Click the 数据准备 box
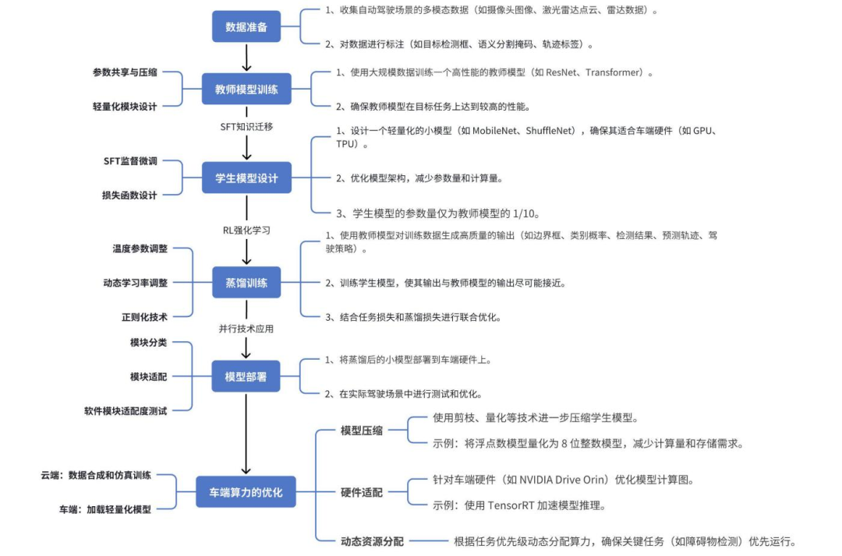coord(246,26)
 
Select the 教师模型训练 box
coord(246,90)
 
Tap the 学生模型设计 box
coord(246,178)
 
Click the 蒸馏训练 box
coord(246,283)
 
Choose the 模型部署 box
coord(246,377)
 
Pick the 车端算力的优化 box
coord(246,492)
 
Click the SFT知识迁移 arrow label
coord(246,125)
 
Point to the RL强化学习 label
coord(246,230)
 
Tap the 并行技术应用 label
coord(246,329)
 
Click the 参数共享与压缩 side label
coord(125,72)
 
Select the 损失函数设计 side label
coord(129,195)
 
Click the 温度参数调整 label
coord(140,249)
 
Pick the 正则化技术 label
coord(145,316)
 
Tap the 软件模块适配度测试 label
coord(126,410)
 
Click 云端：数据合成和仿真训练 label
coord(97,475)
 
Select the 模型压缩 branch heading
coord(362,431)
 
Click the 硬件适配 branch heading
coord(362,492)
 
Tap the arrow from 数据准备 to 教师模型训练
coord(246,57)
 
